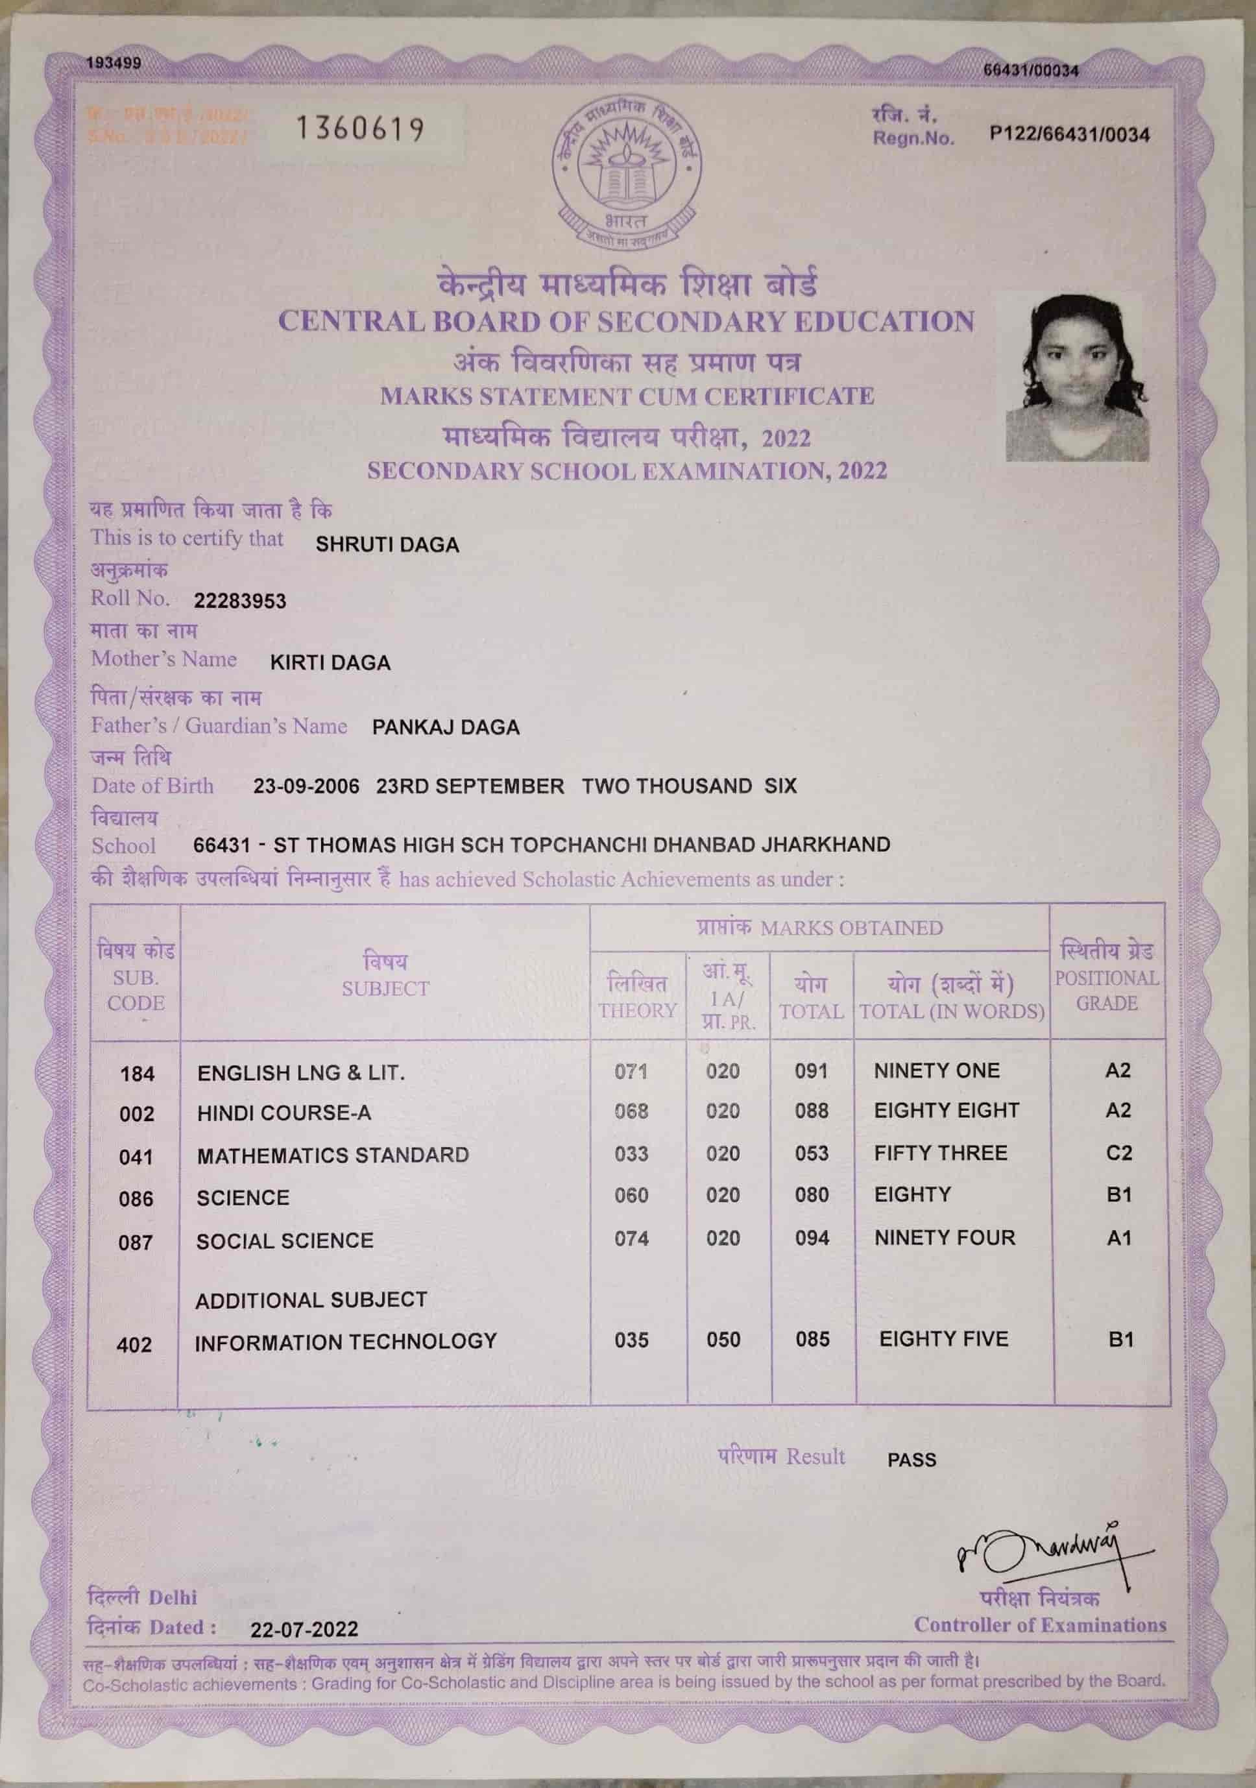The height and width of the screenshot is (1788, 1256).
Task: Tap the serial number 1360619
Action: (x=360, y=128)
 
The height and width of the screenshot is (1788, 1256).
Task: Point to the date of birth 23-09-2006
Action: (x=306, y=786)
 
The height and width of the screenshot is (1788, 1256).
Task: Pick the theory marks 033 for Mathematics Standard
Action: (x=631, y=1154)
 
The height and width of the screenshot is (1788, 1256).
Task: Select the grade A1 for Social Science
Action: (x=1119, y=1238)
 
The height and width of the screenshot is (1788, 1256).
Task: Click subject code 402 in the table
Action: (x=134, y=1345)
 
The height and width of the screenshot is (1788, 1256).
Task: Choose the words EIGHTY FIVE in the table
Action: (x=944, y=1340)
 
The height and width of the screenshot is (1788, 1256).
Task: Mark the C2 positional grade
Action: (x=1119, y=1154)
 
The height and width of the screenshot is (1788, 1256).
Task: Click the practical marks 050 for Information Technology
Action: (x=723, y=1340)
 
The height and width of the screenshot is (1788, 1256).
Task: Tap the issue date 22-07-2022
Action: (x=304, y=1630)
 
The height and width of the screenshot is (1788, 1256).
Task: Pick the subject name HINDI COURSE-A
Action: (x=284, y=1113)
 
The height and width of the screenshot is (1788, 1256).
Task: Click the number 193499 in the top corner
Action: (x=114, y=63)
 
